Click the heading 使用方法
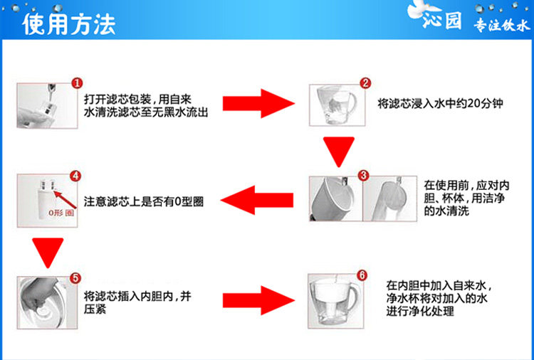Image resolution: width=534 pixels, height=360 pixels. [69, 24]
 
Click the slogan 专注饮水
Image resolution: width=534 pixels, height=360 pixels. [502, 25]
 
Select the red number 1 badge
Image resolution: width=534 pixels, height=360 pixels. [77, 83]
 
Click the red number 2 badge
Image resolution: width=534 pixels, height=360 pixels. [365, 83]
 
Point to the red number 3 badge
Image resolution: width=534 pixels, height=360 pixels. [364, 175]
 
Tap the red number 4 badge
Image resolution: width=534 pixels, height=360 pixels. [75, 176]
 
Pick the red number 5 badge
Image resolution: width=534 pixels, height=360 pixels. [75, 278]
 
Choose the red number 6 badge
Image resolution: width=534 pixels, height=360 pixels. [362, 275]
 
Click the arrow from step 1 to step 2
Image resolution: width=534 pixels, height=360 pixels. [259, 103]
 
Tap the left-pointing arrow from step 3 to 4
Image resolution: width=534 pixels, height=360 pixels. [257, 200]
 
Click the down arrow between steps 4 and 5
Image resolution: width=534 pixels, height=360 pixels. [48, 253]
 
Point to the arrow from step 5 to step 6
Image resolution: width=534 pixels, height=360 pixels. [259, 300]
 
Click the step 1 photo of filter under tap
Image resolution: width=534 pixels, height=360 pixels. [47, 106]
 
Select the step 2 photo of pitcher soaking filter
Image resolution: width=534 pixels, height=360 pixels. [337, 105]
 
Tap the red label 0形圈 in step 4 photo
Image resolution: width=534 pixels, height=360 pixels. [61, 213]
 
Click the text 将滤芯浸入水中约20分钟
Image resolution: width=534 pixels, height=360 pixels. [440, 103]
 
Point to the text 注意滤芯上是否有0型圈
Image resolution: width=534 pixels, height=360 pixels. [144, 202]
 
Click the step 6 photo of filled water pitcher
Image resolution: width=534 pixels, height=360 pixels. [336, 301]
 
